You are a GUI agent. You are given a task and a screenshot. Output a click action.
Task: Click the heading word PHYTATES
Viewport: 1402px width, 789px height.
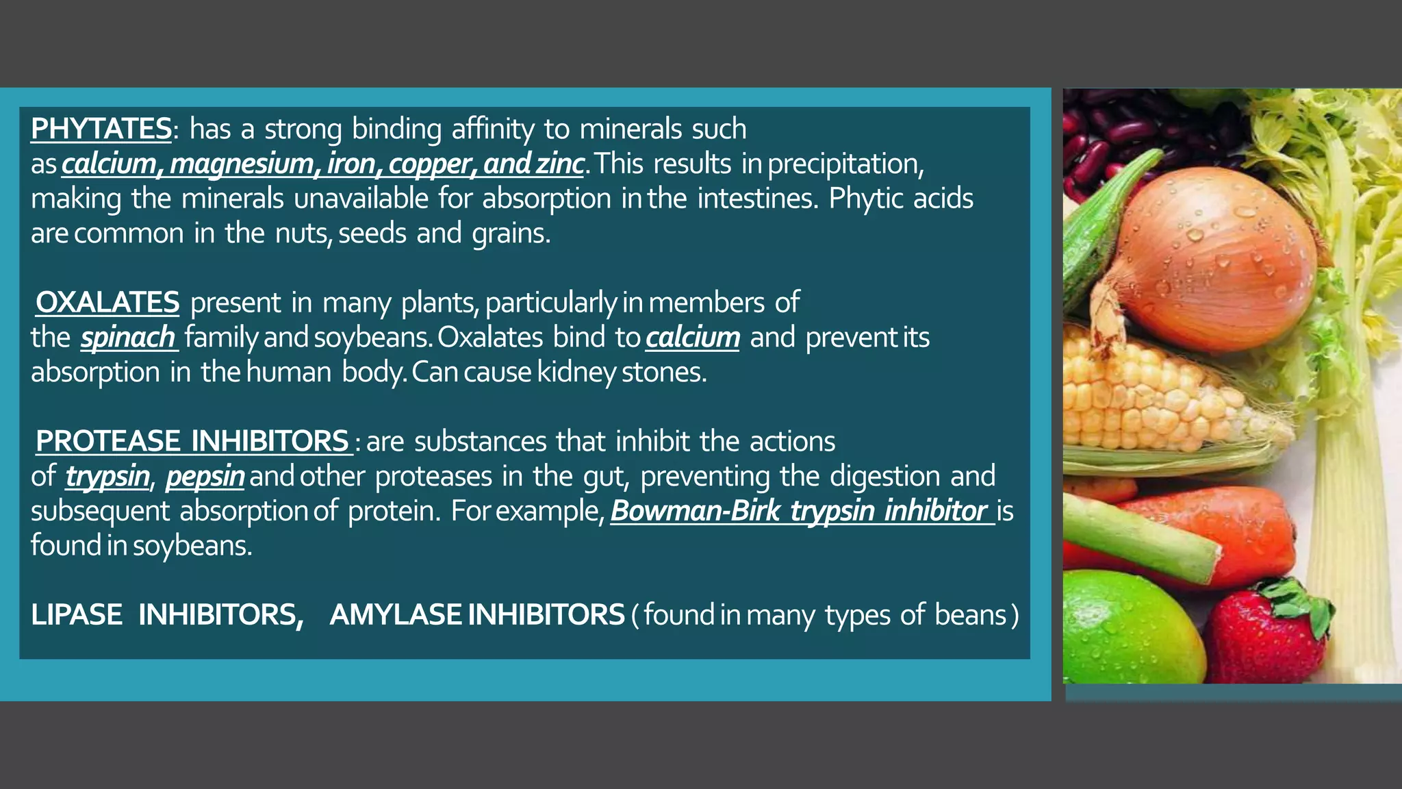[x=101, y=129]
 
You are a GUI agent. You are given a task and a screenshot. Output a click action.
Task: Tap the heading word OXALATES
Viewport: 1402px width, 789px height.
[x=107, y=302]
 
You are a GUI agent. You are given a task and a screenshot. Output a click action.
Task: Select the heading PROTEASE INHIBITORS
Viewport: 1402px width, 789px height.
[x=192, y=441]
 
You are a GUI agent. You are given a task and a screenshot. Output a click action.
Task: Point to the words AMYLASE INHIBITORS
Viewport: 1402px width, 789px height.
[x=477, y=615]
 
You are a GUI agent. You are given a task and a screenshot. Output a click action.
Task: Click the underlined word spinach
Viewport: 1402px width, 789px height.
[x=128, y=337]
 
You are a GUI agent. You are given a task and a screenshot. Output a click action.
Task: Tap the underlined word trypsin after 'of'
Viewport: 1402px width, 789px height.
[x=107, y=476]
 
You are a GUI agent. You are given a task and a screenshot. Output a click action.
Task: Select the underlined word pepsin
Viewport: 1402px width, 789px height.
[x=205, y=476]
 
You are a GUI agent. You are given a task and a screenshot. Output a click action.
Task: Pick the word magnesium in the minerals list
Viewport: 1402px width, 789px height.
[x=242, y=164]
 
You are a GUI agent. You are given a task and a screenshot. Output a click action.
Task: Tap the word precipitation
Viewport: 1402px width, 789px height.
[x=845, y=164]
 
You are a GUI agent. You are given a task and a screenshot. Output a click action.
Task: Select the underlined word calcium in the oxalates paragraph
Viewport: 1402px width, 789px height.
[x=692, y=337]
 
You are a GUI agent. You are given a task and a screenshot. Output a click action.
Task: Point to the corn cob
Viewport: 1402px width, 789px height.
[x=1157, y=404]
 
